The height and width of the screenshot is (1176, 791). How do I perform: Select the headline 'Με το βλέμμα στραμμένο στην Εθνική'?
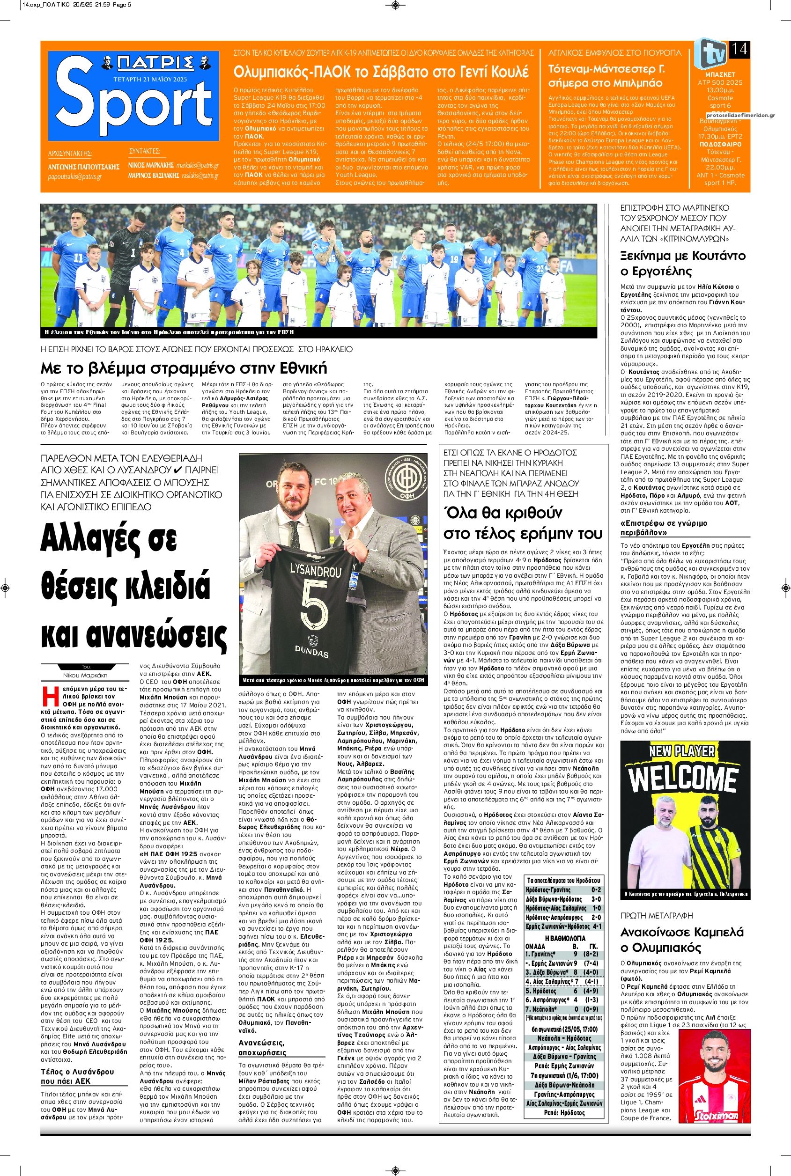[x=184, y=367]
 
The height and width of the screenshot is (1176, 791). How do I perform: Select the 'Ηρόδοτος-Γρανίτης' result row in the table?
[x=563, y=890]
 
